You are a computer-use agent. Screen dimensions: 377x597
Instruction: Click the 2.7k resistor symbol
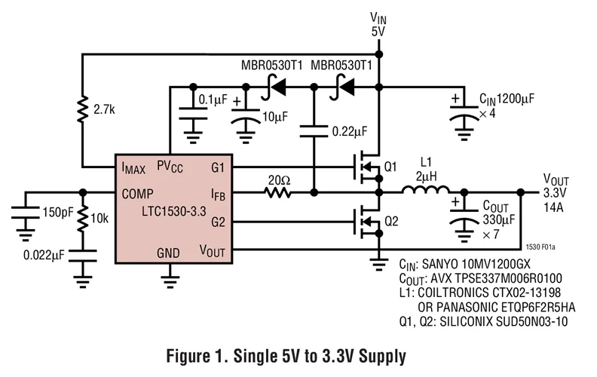coord(82,110)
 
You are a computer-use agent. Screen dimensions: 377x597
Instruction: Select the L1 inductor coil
coord(424,193)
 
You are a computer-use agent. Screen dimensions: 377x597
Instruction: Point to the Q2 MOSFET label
coord(390,222)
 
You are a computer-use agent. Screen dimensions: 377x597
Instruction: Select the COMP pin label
coord(139,194)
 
